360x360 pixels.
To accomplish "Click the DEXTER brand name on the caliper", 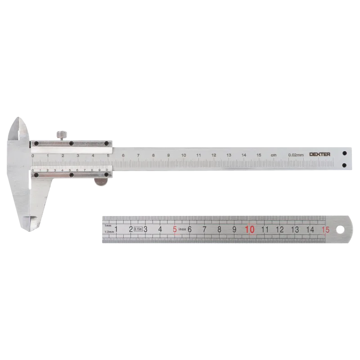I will [320, 154].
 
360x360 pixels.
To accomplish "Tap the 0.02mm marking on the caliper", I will [296, 155].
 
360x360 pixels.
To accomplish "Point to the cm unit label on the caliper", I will [274, 155].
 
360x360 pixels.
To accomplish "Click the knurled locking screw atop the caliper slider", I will [61, 135].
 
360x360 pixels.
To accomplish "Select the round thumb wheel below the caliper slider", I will [101, 181].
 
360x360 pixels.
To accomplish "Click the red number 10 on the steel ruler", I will [250, 229].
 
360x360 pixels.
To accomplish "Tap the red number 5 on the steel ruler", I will [175, 229].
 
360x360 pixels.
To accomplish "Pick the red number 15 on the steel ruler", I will [325, 229].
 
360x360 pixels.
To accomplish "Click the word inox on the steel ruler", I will [182, 229].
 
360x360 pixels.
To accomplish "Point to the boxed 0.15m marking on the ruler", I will [138, 229].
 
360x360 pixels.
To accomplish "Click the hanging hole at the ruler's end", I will [341, 229].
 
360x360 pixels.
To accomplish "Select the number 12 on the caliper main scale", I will [214, 155].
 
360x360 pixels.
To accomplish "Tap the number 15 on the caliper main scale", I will [259, 155].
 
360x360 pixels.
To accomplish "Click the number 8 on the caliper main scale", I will [153, 155].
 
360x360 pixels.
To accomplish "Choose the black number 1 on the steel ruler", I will [116, 229].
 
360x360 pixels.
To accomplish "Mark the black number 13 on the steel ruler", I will [295, 229].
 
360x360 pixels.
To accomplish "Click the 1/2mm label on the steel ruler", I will [108, 232].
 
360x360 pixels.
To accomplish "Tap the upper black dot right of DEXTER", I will [344, 152].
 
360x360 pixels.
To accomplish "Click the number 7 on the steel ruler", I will [204, 229].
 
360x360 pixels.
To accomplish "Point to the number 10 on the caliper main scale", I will [184, 155].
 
